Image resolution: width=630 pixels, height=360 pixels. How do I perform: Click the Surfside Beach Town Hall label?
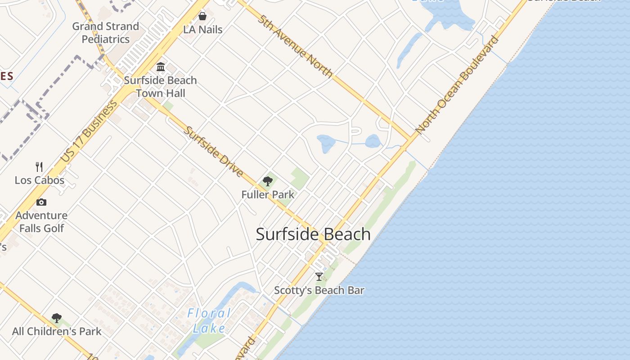click(x=160, y=87)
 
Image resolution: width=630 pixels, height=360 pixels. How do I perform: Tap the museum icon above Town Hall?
click(x=161, y=67)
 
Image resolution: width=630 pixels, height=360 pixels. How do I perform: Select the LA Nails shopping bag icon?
click(x=202, y=16)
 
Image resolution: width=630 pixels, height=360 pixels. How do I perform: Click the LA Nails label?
click(x=202, y=30)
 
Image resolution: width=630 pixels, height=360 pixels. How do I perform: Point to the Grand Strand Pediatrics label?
click(x=106, y=33)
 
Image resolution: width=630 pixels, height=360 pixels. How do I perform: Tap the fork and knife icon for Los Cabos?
click(x=40, y=167)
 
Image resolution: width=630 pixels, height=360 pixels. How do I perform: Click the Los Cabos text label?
click(x=40, y=180)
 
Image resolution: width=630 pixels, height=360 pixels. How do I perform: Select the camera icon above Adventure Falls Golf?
click(x=41, y=202)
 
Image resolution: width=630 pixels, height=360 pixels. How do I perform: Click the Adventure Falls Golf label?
click(x=41, y=222)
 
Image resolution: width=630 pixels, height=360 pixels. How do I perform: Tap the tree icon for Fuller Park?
click(x=268, y=181)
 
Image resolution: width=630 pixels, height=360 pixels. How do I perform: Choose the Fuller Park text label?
click(x=268, y=194)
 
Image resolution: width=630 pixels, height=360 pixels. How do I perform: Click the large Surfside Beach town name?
click(x=313, y=234)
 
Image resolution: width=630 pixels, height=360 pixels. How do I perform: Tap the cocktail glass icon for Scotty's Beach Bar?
click(x=319, y=277)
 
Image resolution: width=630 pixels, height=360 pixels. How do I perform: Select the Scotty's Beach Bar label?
click(x=319, y=290)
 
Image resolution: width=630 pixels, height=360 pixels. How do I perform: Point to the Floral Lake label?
click(x=209, y=320)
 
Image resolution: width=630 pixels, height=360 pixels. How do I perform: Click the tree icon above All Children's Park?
click(x=57, y=318)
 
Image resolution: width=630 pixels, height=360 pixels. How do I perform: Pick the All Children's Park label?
click(x=57, y=332)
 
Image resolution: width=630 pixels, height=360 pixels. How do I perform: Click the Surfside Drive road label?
click(x=214, y=152)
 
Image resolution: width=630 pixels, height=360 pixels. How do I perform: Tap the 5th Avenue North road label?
click(x=295, y=46)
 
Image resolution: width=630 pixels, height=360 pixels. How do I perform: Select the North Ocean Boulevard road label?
click(x=457, y=85)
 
